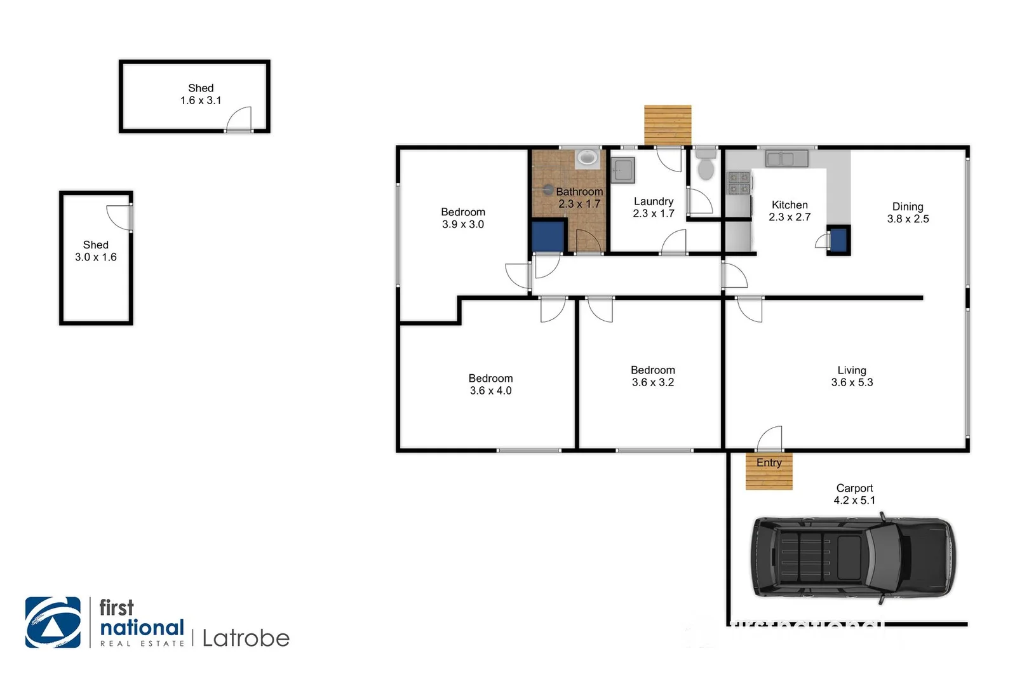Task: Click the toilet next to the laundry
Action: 705,167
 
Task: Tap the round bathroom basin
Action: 587,157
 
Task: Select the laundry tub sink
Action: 622,170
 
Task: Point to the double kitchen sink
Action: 786,158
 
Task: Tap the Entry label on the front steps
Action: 769,462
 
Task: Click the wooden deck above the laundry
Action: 668,125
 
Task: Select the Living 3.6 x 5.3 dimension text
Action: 852,382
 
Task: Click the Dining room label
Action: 907,206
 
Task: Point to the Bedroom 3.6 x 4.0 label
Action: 490,384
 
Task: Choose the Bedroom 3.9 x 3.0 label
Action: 463,218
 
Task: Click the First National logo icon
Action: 53,622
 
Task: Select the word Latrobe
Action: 246,638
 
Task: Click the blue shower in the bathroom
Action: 548,236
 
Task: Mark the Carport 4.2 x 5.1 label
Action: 854,494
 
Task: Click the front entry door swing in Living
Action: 770,440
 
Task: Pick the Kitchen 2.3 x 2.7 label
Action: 790,211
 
